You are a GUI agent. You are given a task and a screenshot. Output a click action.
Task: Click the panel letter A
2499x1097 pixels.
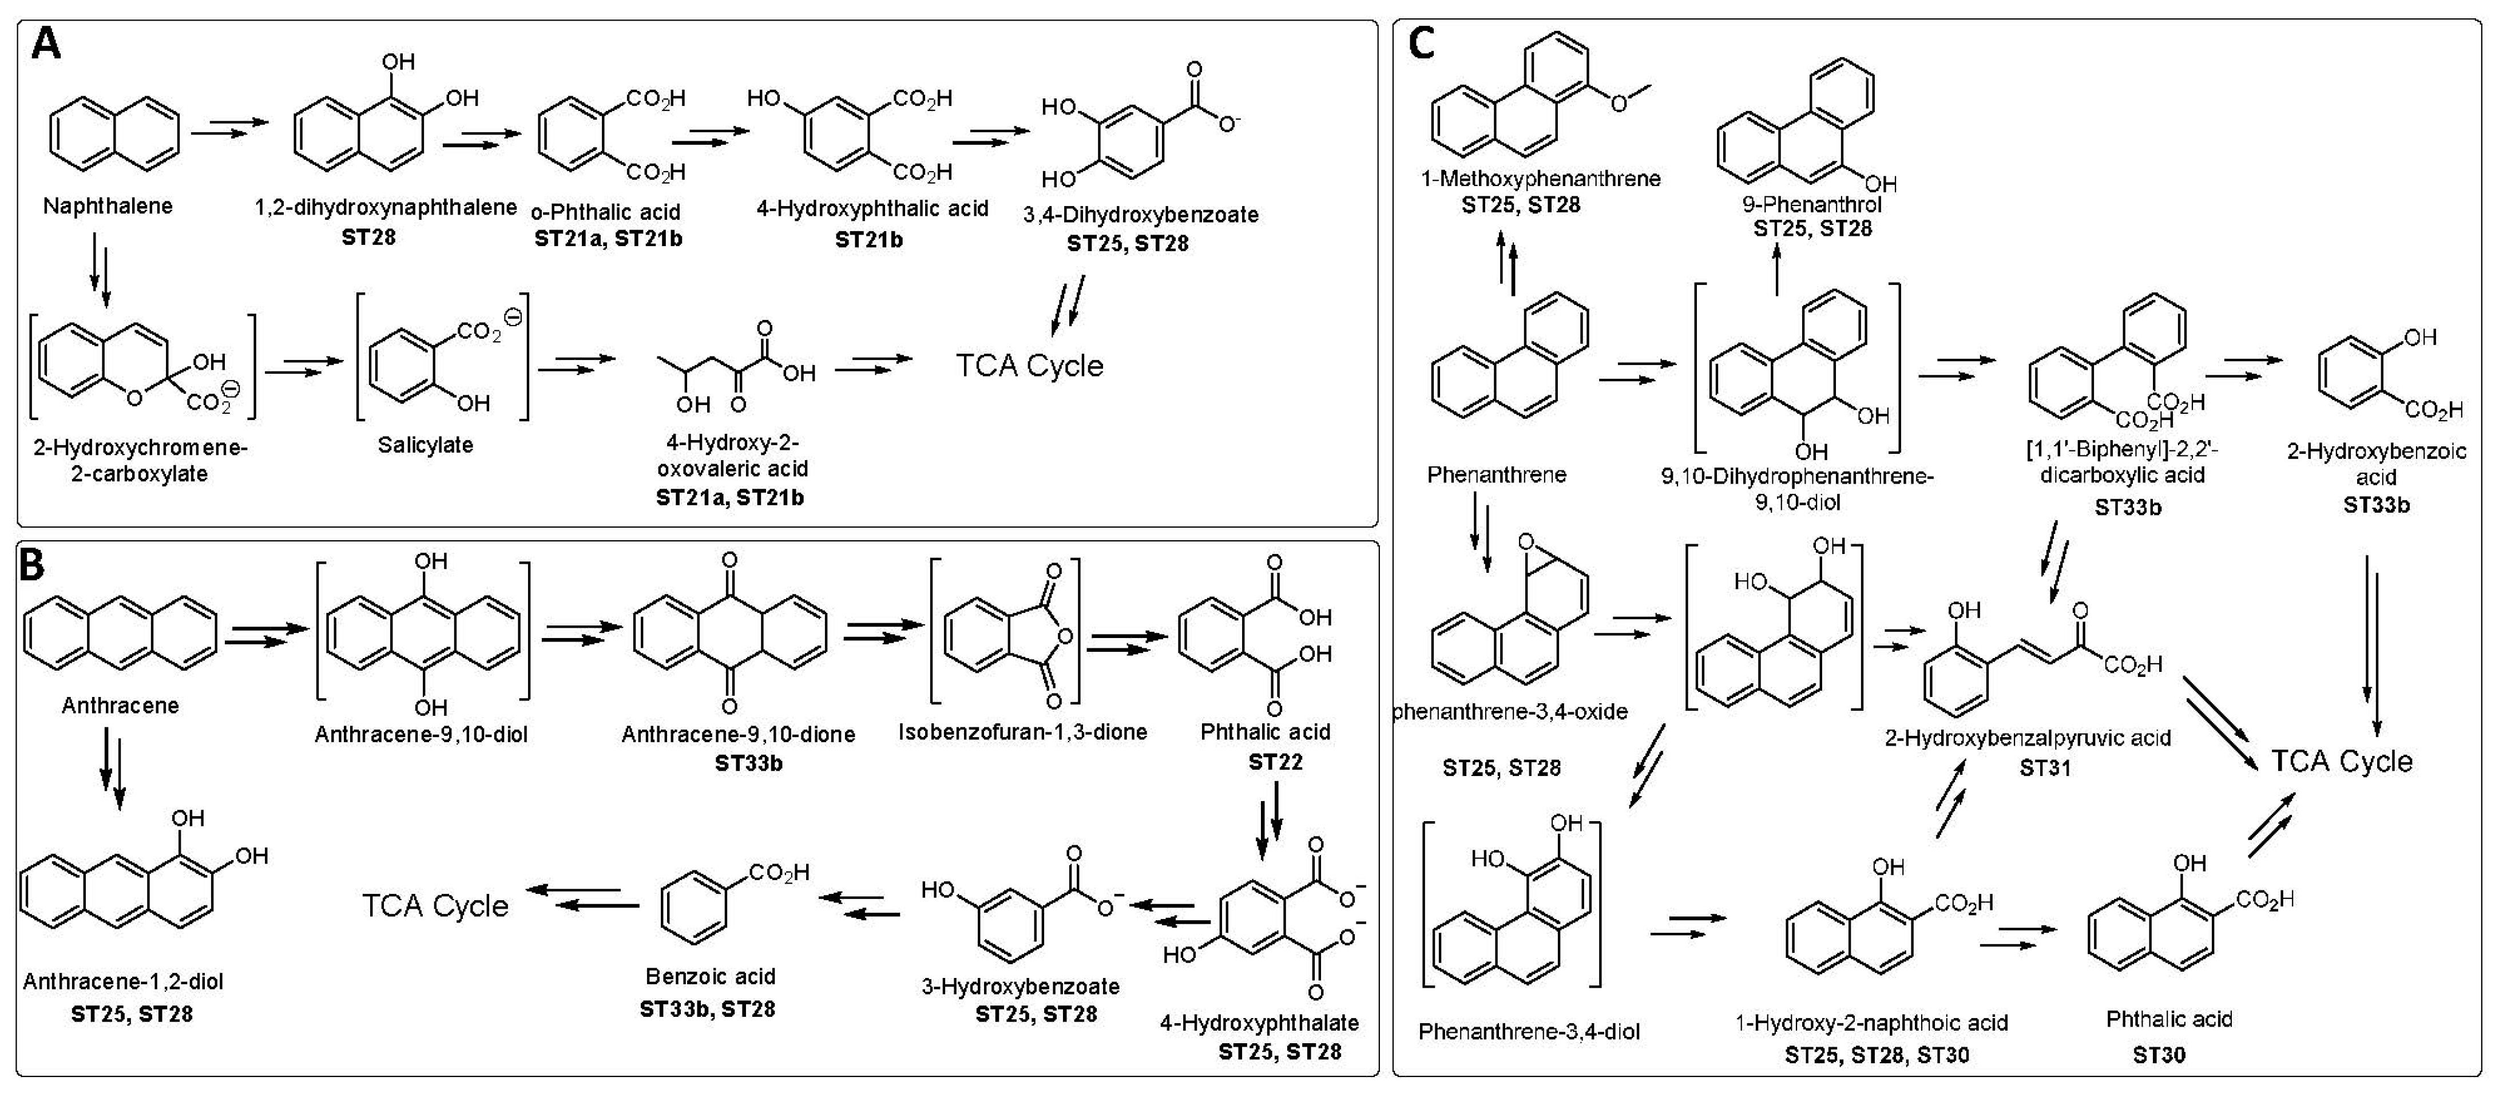coord(46,45)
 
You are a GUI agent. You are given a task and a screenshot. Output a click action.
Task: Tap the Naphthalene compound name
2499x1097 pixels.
coord(108,205)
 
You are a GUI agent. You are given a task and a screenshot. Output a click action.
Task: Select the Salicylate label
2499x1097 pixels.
coord(425,445)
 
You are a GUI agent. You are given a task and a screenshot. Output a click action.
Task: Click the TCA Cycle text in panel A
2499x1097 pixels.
coord(1029,366)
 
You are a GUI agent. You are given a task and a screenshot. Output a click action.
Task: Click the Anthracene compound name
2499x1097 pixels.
coord(120,705)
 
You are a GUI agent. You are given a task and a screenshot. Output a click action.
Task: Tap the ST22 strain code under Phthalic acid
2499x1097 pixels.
coord(1275,762)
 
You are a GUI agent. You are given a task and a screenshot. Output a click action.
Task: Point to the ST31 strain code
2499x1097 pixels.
coord(2044,768)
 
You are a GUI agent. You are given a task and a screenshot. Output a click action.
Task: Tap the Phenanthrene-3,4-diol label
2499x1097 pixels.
coord(1529,1031)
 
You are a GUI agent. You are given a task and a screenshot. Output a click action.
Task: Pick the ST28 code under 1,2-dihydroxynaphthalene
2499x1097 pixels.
coord(368,237)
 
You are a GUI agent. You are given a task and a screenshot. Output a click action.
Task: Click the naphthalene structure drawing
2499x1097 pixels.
coord(114,132)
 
